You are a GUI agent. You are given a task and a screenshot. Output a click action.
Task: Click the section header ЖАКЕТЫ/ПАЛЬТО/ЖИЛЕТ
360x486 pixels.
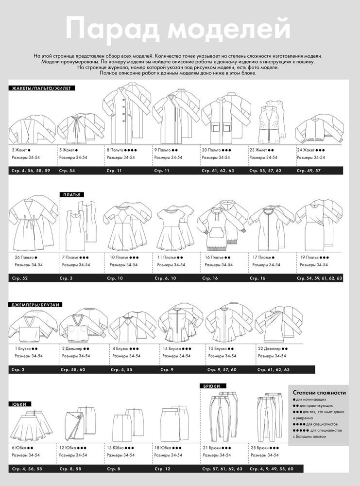pyautogui.click(x=41, y=88)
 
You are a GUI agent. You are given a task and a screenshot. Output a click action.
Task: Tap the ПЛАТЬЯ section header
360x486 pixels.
pyautogui.click(x=72, y=195)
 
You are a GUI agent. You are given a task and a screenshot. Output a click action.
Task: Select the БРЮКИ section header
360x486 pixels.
pyautogui.click(x=212, y=386)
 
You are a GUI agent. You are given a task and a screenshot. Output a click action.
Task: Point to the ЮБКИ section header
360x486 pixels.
pyautogui.click(x=19, y=404)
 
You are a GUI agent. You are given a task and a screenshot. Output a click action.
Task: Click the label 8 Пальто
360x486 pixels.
pyautogui.click(x=115, y=150)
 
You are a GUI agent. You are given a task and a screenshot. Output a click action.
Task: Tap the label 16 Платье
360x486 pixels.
pyautogui.click(x=214, y=257)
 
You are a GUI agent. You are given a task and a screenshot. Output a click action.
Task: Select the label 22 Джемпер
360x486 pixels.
pyautogui.click(x=269, y=348)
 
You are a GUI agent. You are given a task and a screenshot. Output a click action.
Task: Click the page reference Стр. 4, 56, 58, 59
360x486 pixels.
pyautogui.click(x=31, y=171)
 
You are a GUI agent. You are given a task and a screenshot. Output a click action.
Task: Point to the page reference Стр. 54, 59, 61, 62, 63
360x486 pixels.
pyautogui.click(x=319, y=278)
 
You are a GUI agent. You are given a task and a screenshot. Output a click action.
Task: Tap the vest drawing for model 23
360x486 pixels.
pyautogui.click(x=271, y=121)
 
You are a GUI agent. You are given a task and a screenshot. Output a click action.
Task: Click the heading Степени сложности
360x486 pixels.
pyautogui.click(x=319, y=392)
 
